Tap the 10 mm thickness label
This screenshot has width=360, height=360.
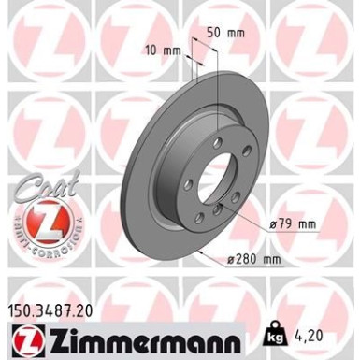(160, 48)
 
